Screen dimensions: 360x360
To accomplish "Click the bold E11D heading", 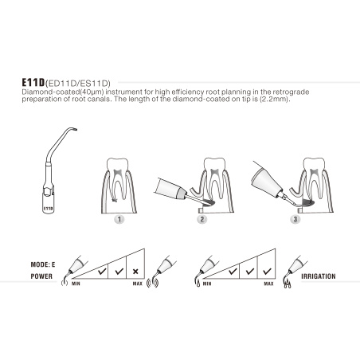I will click(31, 81).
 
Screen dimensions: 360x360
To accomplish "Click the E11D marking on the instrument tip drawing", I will click(47, 205).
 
